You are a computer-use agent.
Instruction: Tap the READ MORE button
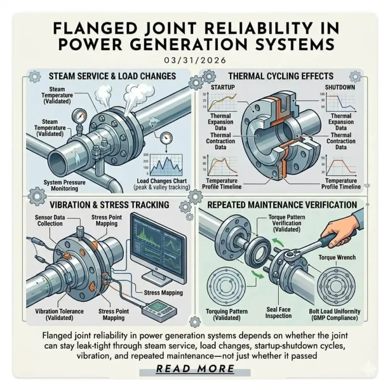pos(195,369)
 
